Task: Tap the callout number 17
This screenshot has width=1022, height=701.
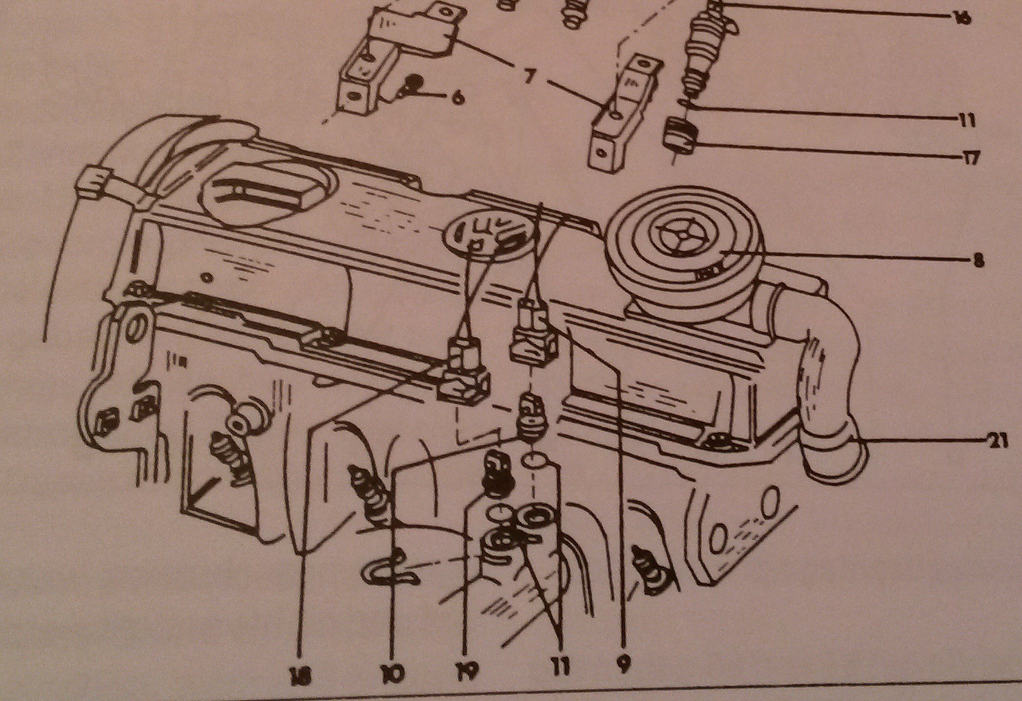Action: [970, 159]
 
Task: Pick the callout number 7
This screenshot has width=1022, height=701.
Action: [528, 77]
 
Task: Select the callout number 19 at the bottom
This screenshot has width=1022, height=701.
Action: [469, 670]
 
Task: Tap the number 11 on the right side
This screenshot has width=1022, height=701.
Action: [967, 121]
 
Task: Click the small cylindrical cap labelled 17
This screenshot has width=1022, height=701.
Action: [679, 136]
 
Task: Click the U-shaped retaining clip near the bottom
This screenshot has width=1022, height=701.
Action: [387, 567]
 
